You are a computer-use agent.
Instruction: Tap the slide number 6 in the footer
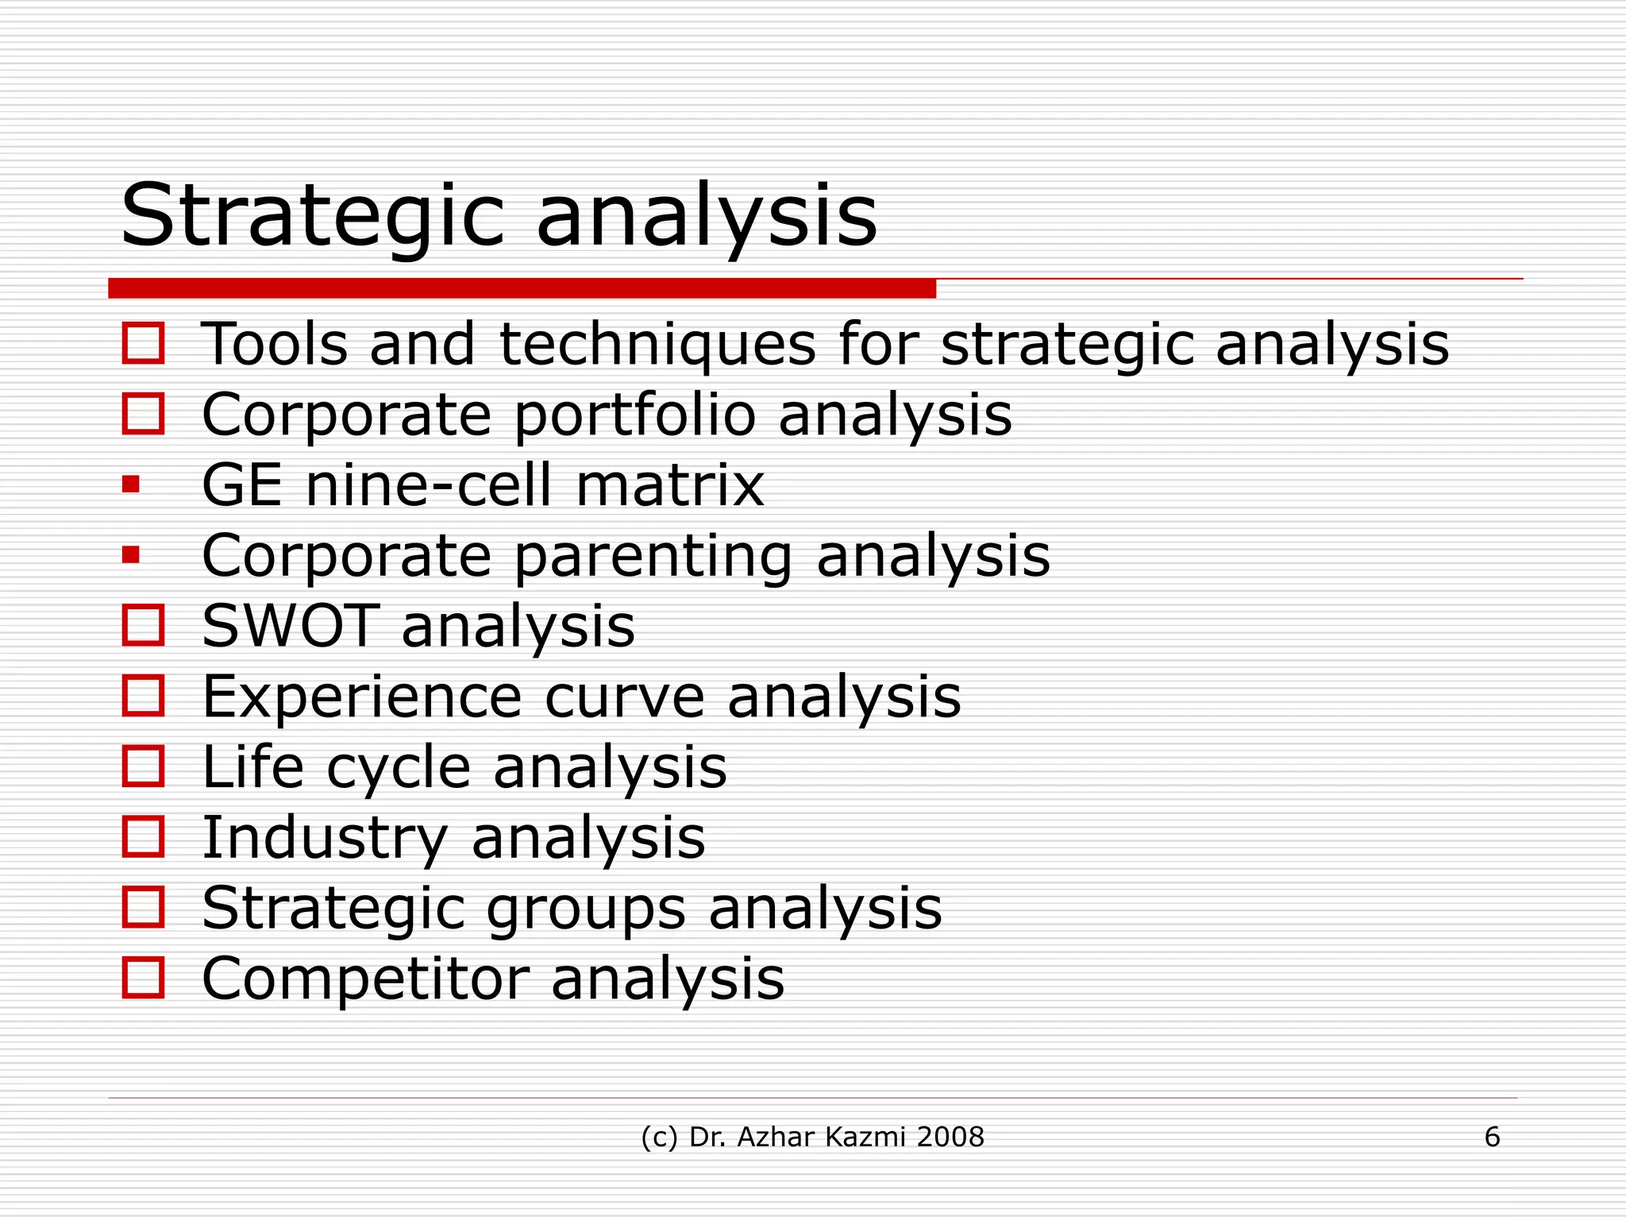pyautogui.click(x=1492, y=1137)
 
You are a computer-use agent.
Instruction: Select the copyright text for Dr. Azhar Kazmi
pyautogui.click(x=812, y=1137)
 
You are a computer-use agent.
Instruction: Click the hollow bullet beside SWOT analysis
pyautogui.click(x=144, y=625)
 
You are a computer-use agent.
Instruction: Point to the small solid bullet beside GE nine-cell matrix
pyautogui.click(x=131, y=484)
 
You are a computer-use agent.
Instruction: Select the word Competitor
pyautogui.click(x=365, y=979)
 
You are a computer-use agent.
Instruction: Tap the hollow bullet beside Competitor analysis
pyautogui.click(x=144, y=977)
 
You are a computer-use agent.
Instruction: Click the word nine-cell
pyautogui.click(x=429, y=485)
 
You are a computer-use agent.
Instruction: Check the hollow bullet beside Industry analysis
pyautogui.click(x=144, y=836)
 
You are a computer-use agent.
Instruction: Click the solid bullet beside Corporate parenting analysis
pyautogui.click(x=131, y=554)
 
